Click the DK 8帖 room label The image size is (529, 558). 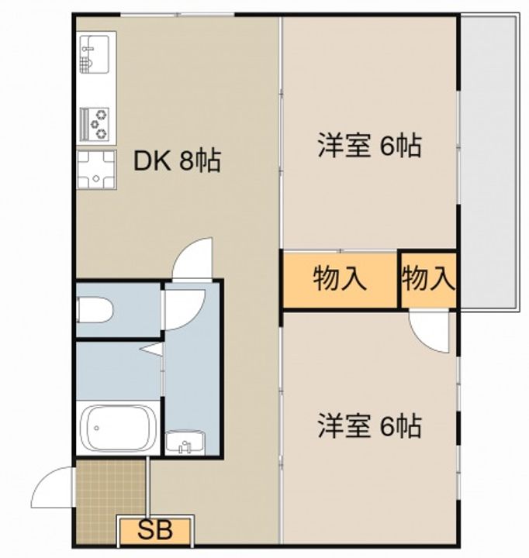177,161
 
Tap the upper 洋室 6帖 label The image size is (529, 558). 370,145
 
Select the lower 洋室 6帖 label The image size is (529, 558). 370,425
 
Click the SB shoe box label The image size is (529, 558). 155,531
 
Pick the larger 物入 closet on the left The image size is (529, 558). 341,280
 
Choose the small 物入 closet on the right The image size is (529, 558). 429,280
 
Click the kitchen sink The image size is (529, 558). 95,54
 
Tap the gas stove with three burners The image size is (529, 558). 95,124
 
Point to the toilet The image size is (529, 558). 95,309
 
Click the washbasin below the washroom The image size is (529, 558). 185,443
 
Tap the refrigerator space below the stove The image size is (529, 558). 96,170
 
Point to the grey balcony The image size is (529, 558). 489,164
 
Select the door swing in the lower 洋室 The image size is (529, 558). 429,332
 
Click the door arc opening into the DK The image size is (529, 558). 192,257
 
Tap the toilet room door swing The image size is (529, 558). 185,309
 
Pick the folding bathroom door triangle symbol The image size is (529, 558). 152,349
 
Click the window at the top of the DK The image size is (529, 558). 177,15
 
